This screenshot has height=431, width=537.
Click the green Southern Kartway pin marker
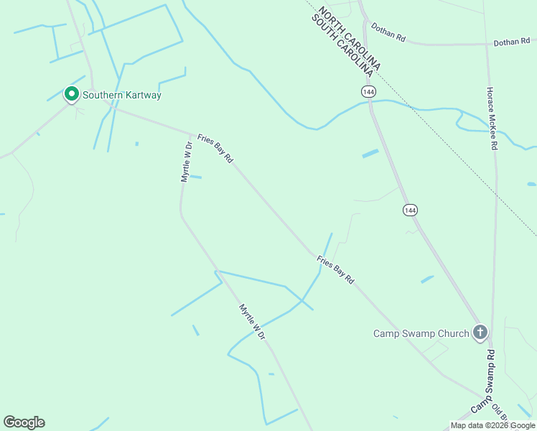(72, 94)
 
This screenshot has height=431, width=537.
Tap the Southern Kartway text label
(122, 95)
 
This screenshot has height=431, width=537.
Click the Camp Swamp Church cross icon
(480, 333)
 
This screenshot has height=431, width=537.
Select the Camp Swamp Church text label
(421, 333)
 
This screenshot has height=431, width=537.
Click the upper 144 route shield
(368, 92)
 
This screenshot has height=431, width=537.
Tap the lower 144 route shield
(409, 210)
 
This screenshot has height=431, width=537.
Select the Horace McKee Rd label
(492, 119)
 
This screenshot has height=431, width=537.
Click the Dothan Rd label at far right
(511, 43)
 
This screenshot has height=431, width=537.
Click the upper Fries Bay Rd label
(215, 148)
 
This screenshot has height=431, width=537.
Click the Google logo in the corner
(24, 422)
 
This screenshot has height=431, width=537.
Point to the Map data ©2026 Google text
(492, 425)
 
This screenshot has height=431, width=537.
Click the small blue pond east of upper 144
(370, 153)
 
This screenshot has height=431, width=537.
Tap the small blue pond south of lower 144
(427, 279)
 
